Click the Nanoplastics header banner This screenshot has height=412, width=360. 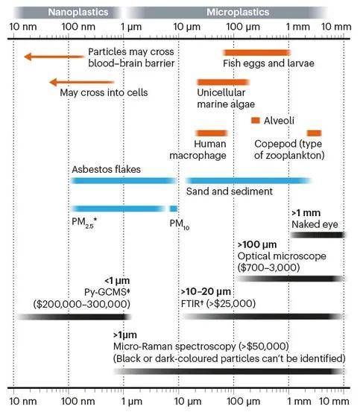68,13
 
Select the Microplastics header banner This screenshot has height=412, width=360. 227,13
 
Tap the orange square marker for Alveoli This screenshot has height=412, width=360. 256,121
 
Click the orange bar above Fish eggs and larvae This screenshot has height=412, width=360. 256,53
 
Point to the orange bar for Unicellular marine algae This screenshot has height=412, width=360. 223,82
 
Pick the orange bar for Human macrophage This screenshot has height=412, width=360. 211,133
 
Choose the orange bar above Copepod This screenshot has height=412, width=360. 315,133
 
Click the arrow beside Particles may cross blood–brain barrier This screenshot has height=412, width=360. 54,57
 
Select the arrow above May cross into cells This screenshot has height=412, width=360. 82,82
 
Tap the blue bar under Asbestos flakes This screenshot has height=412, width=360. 124,180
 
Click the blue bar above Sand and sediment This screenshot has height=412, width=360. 249,180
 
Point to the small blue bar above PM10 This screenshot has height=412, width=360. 174,209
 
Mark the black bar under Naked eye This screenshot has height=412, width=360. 318,235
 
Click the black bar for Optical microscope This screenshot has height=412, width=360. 291,279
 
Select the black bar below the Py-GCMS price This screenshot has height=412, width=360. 74,317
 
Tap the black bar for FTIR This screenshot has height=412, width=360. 264,316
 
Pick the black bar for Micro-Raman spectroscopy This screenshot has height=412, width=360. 229,371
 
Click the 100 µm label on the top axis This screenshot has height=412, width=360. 243,27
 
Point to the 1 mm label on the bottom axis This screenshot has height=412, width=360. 299,402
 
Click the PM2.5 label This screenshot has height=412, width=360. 84,223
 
